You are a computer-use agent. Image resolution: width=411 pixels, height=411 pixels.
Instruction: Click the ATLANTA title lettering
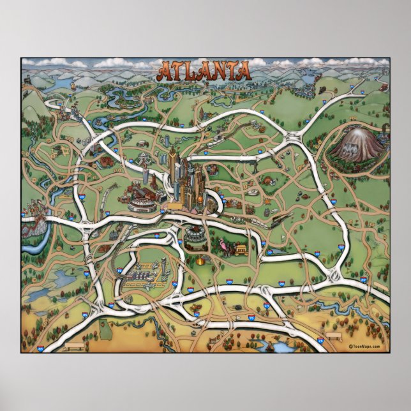coord(204,70)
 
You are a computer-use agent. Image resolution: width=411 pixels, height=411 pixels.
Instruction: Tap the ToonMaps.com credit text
coord(364,347)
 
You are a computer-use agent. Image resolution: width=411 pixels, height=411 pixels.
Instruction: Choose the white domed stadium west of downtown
coord(141,204)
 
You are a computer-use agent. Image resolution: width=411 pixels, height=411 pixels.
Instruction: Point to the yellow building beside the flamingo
coord(241,248)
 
